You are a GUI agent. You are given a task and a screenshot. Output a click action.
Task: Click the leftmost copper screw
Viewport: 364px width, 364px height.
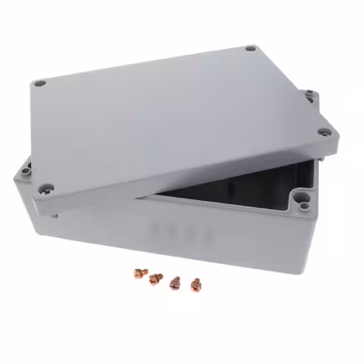[138, 274]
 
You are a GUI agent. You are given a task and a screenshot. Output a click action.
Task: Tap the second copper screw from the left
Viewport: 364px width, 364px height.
[154, 279]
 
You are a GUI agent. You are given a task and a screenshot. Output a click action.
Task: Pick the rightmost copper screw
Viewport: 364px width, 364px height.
[196, 283]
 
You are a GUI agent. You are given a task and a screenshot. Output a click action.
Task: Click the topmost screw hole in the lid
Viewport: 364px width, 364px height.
[250, 49]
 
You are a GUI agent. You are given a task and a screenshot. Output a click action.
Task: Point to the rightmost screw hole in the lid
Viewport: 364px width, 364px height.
[325, 133]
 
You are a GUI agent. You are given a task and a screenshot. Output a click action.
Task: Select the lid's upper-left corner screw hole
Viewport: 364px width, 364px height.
[39, 84]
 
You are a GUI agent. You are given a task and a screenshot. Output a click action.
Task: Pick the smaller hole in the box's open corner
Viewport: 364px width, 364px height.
[305, 205]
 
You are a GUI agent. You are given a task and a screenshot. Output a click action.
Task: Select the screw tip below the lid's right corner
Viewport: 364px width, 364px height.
[322, 160]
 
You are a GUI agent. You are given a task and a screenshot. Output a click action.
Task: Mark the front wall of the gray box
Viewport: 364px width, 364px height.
[171, 245]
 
